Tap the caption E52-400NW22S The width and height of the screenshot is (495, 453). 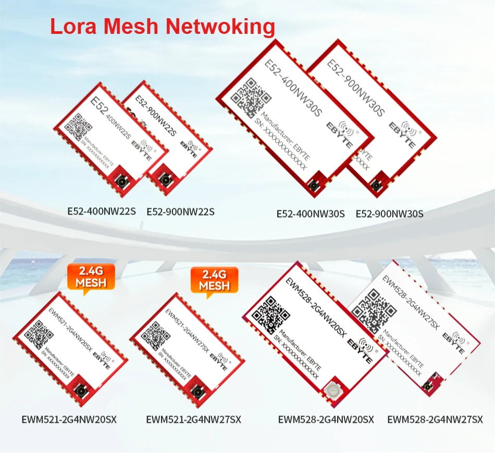[x=102, y=212]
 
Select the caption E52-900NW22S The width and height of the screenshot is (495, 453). [x=180, y=212]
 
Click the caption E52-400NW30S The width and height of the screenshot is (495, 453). [x=311, y=213]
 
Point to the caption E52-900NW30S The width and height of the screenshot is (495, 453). [x=390, y=213]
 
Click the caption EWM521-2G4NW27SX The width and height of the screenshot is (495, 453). [x=194, y=420]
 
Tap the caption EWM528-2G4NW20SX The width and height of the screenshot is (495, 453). [x=326, y=420]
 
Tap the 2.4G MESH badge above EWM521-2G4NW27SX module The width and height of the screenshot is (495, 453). [x=214, y=281]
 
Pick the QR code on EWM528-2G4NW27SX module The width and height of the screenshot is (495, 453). [x=370, y=307]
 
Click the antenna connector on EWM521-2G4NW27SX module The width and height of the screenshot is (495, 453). [x=199, y=392]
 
